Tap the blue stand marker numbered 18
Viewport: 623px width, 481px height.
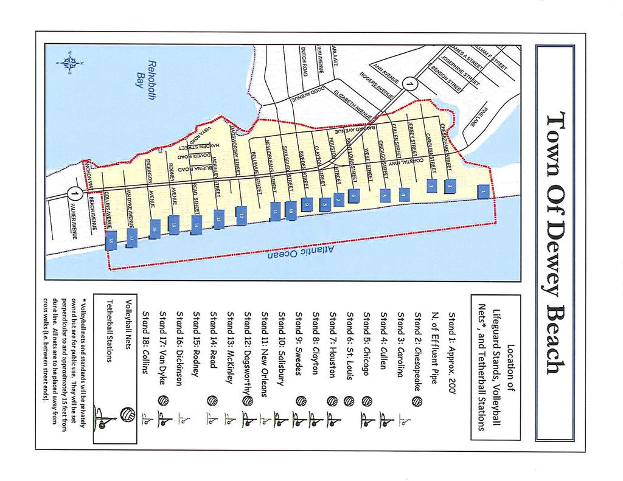[x=111, y=240]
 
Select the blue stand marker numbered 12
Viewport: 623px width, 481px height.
[x=242, y=215]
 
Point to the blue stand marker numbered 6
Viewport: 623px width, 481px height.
[x=354, y=196]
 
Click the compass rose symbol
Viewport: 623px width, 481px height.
[x=68, y=62]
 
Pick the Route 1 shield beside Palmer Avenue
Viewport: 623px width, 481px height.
[x=74, y=195]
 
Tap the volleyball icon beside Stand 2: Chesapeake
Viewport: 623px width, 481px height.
[x=417, y=401]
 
